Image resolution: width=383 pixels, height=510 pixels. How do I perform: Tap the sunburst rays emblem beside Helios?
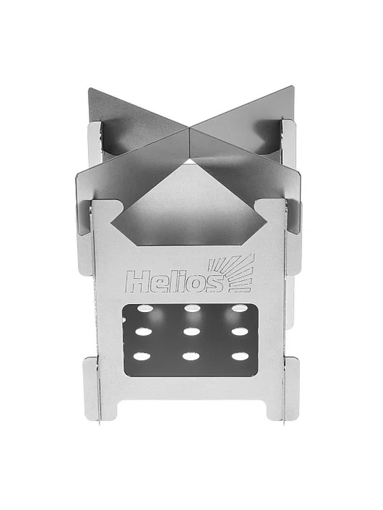pos(232,273)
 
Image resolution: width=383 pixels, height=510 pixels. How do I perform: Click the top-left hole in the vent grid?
pos(143,308)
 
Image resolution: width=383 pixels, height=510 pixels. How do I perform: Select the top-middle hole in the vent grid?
pos(192,308)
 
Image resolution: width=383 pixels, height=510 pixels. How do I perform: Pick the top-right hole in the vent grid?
pos(239,308)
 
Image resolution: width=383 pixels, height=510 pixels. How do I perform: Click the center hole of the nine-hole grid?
pos(192,331)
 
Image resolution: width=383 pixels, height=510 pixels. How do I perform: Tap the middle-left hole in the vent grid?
pos(143,332)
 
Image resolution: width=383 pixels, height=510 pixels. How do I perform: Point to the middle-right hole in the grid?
pos(240,331)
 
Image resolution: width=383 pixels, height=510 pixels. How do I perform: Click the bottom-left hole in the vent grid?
pos(142,356)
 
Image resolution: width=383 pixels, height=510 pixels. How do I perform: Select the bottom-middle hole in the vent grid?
pos(191,356)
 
